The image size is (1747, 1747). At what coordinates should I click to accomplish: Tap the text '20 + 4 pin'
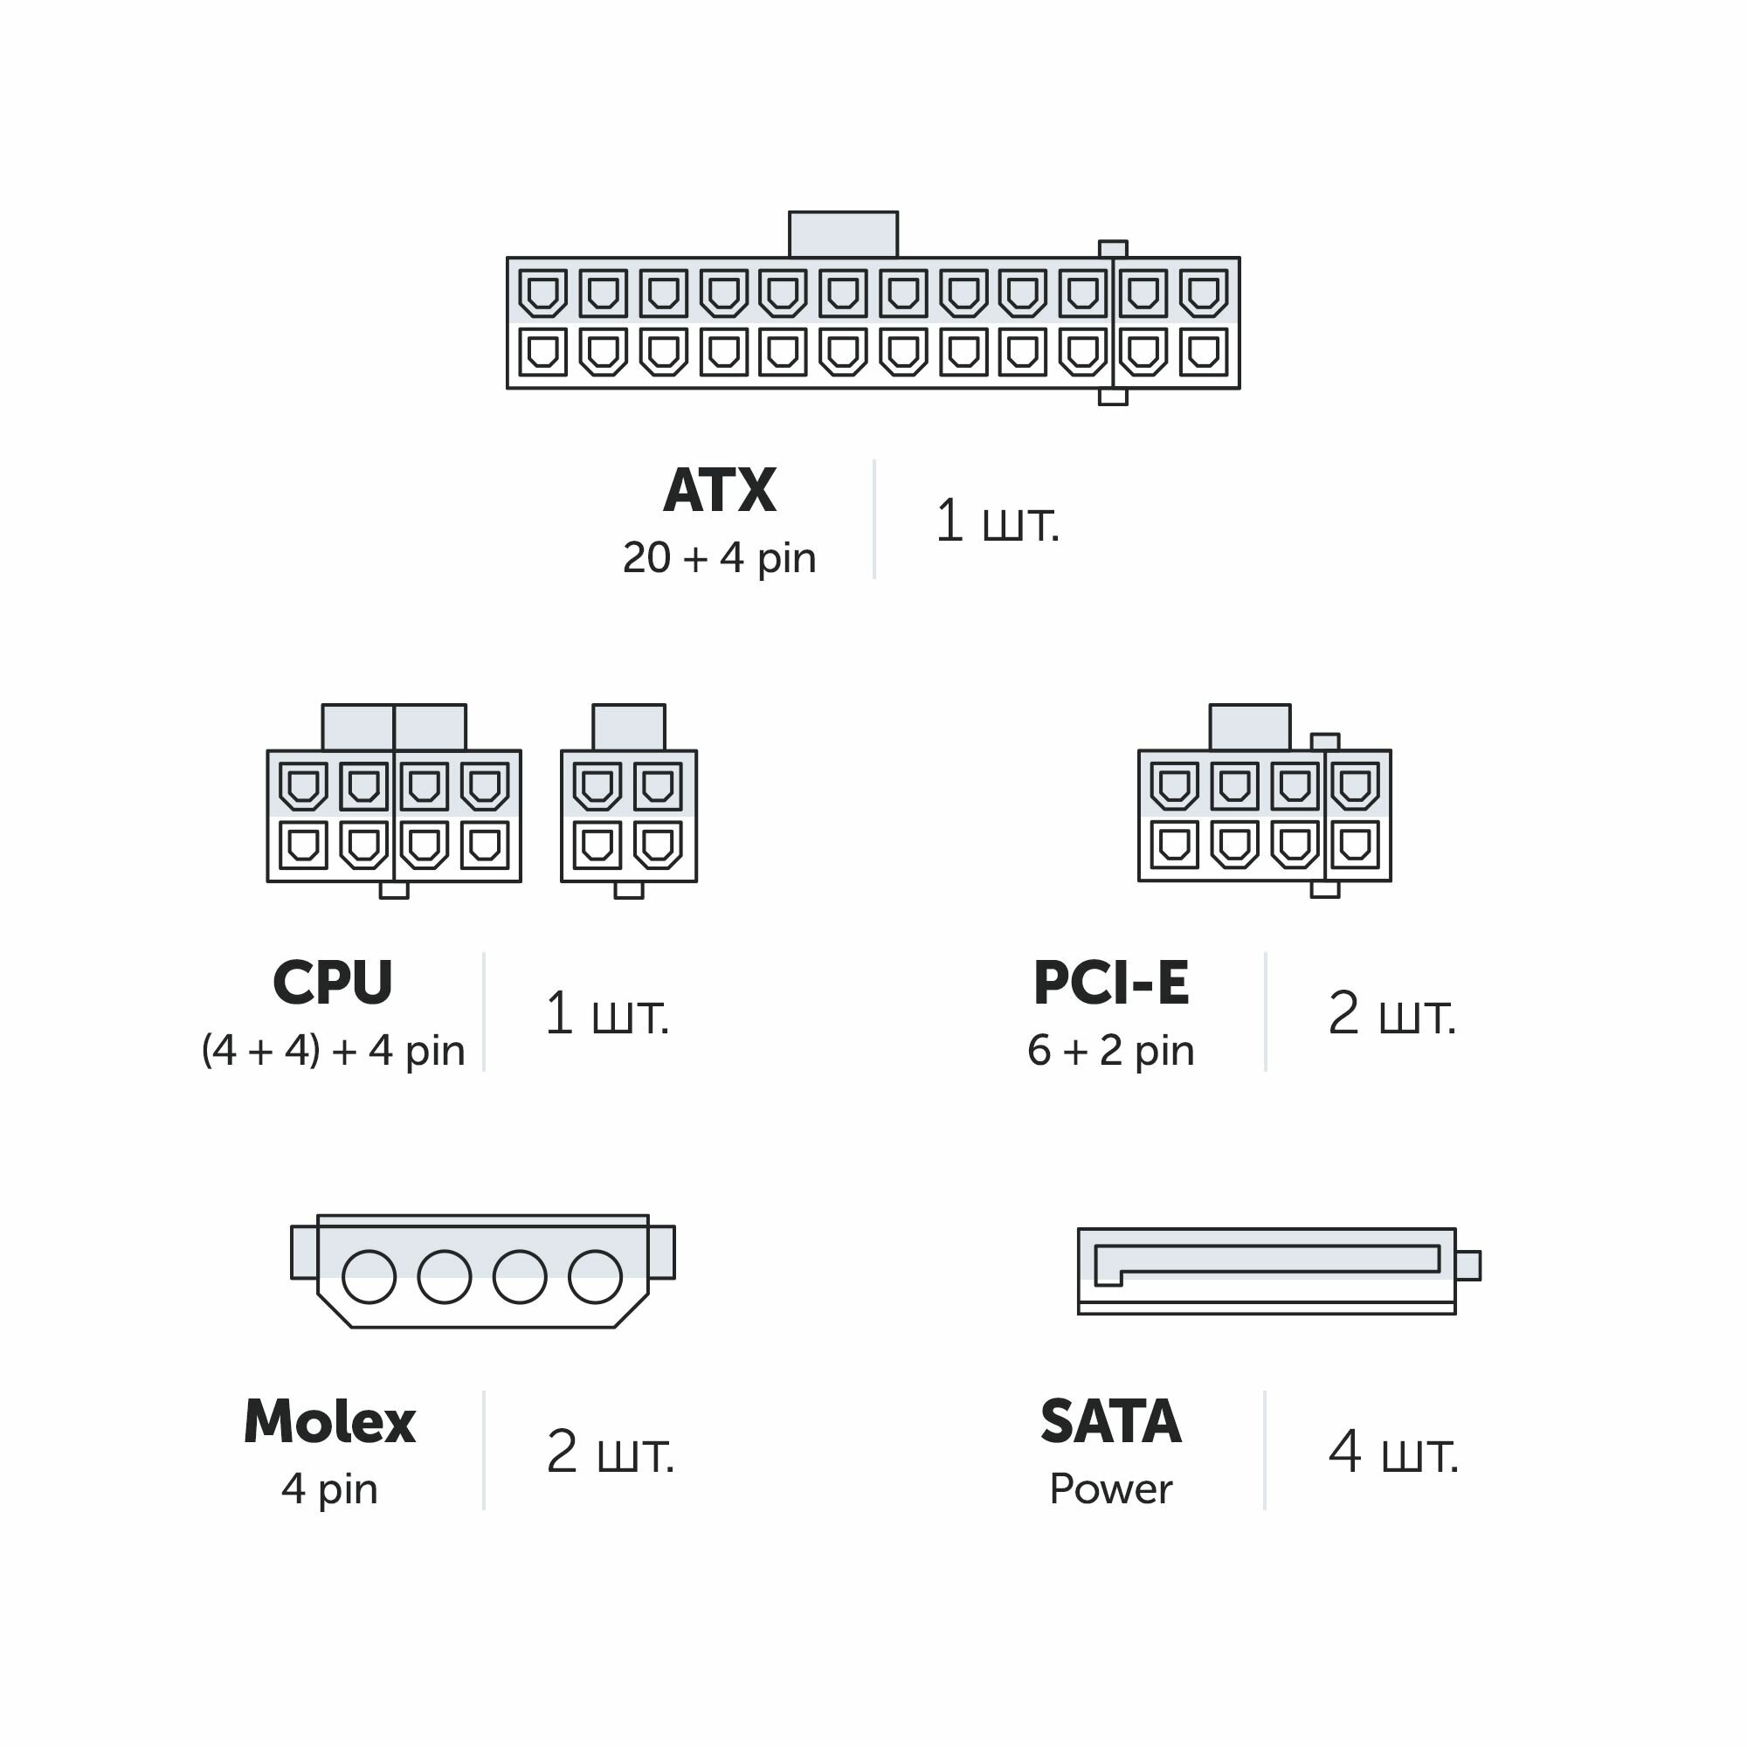tap(719, 558)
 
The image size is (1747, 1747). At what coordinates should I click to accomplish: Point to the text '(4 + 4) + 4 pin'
tap(333, 1050)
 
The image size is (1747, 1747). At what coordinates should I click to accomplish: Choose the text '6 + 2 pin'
tap(1110, 1050)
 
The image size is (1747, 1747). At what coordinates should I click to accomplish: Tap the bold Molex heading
tap(329, 1421)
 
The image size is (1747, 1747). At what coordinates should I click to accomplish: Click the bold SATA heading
tap(1110, 1421)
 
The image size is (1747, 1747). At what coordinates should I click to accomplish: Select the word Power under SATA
tap(1110, 1488)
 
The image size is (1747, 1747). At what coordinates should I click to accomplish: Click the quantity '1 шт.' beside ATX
tap(997, 521)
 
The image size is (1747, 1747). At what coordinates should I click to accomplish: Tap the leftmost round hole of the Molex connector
tap(369, 1277)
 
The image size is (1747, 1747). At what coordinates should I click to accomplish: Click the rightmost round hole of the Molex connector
tap(595, 1277)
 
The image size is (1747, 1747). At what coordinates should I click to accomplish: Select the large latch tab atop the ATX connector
tap(843, 235)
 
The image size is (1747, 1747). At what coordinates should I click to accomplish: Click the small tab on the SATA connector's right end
tap(1467, 1265)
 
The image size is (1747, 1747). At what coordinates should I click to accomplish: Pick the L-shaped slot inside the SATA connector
tap(1266, 1260)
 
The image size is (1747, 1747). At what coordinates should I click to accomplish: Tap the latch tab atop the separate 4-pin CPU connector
tap(628, 728)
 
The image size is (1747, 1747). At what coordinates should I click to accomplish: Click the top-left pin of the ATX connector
tap(542, 293)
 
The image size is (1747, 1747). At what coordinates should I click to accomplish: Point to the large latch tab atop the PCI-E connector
tap(1250, 728)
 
